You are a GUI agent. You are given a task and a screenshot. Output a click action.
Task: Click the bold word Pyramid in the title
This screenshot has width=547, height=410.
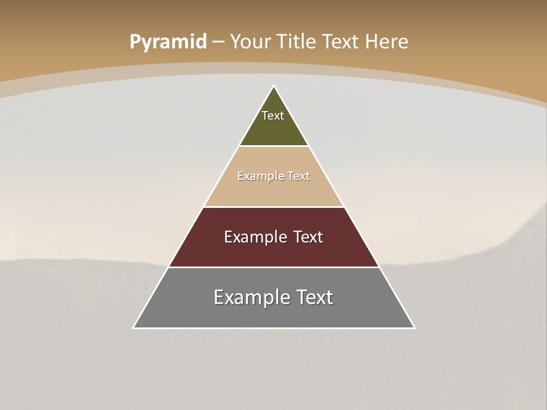click(168, 42)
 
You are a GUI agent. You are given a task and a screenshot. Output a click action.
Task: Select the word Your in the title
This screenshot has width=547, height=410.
click(250, 42)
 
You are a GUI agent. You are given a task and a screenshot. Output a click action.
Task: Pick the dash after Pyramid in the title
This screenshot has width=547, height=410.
click(218, 42)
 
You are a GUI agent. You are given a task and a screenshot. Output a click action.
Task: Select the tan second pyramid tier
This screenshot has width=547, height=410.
click(273, 191)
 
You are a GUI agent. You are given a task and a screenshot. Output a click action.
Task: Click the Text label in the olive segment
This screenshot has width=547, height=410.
click(273, 116)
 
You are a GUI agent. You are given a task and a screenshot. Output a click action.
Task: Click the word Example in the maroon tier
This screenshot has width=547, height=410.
click(254, 237)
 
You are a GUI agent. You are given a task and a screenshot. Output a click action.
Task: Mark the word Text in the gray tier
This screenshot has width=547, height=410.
click(315, 297)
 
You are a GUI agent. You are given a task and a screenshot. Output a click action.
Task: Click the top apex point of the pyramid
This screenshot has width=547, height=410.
click(274, 86)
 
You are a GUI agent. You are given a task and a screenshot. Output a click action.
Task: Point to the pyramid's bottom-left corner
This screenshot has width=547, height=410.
click(133, 327)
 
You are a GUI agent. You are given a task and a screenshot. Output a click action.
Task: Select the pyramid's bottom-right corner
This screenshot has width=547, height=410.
click(414, 327)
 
